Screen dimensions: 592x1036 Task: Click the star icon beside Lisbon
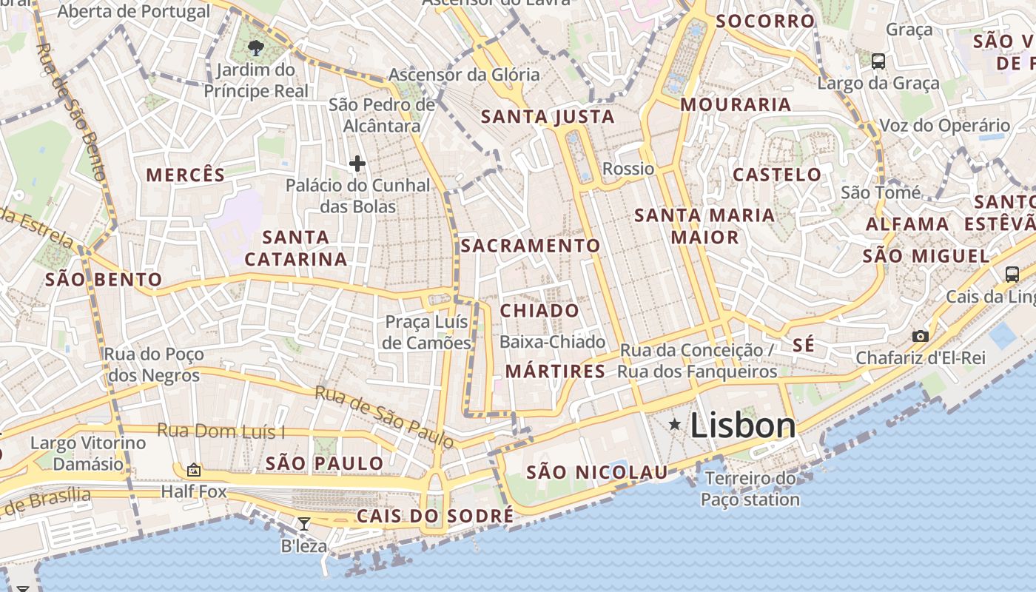pos(674,424)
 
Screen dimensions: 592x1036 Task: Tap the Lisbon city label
pos(743,425)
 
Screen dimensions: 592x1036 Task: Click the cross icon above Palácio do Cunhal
pos(357,164)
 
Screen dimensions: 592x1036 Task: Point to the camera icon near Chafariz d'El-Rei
pos(920,337)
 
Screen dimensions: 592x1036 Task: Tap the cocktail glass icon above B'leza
pos(303,524)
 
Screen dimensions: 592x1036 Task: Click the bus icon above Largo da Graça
pos(878,61)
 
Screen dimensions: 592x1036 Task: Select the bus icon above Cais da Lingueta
pos(1012,275)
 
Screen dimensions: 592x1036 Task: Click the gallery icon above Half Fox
pos(194,469)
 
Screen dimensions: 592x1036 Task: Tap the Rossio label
pos(628,169)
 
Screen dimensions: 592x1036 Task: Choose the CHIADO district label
pos(539,311)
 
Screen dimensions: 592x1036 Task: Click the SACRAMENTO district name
pos(531,246)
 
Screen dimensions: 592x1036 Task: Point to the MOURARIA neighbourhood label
pos(736,104)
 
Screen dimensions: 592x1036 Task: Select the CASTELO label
pos(777,175)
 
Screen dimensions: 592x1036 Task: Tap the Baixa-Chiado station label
pos(552,342)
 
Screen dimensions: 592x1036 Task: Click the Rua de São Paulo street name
pos(385,417)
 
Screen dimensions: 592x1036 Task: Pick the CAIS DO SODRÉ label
pos(435,516)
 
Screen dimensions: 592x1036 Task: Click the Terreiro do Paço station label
pos(750,489)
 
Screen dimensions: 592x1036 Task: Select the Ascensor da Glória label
pos(464,75)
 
